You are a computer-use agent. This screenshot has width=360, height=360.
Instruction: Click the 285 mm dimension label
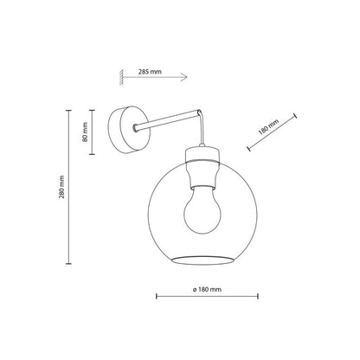[x=150, y=72]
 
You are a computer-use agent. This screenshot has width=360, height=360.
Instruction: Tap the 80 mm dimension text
[x=85, y=132]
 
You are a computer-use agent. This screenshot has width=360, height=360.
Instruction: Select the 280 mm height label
[x=61, y=187]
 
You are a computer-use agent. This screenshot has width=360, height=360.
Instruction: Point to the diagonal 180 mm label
[x=269, y=127]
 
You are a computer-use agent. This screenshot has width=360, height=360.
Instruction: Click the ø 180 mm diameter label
[x=207, y=289]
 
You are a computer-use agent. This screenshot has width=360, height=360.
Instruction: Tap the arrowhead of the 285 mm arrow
[x=184, y=77]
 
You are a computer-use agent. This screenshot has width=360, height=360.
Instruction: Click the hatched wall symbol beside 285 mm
[x=122, y=77]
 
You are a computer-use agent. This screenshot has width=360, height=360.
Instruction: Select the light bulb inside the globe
[x=202, y=209]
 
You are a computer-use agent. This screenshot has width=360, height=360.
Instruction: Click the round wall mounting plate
[x=129, y=132]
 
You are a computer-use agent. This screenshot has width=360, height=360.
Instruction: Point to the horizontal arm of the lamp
[x=167, y=120]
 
